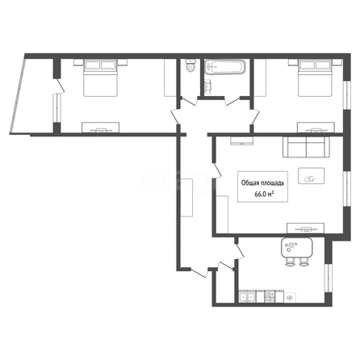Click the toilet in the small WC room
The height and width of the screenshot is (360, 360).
(190, 65)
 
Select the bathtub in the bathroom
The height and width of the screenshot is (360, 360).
(225, 67)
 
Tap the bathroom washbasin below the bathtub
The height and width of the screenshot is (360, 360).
(208, 86)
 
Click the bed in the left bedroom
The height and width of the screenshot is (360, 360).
(100, 78)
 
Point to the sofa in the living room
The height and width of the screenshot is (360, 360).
(306, 147)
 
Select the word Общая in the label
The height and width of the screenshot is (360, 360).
(250, 183)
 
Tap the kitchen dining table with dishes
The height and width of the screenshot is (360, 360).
(297, 247)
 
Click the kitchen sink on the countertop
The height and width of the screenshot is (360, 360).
(247, 297)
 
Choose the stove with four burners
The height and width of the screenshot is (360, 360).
(270, 297)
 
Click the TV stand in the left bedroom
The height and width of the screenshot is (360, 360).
(101, 128)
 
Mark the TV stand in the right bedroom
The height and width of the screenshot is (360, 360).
(316, 128)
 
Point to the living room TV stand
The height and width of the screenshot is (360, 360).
(306, 228)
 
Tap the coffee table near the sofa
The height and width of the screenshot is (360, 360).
(312, 176)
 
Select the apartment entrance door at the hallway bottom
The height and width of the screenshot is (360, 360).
(199, 272)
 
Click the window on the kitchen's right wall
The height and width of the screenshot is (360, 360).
(329, 278)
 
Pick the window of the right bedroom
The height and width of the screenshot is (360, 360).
(347, 94)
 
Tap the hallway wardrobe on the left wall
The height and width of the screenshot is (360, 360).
(186, 197)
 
